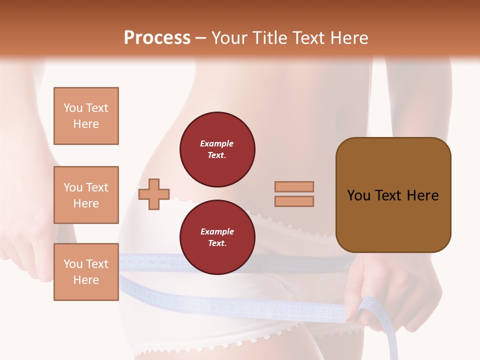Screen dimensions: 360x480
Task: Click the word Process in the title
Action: tap(157, 38)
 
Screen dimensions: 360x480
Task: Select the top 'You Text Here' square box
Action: tap(86, 116)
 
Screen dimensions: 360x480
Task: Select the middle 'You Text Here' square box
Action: tap(86, 195)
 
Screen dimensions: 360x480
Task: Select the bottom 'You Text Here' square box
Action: tap(86, 271)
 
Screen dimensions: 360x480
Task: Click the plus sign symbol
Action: tap(154, 194)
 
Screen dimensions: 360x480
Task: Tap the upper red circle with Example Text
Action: tap(217, 149)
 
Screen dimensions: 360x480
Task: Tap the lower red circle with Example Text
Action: tap(217, 237)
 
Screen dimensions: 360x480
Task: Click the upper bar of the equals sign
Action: tap(294, 186)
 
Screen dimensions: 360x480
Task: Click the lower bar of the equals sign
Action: tap(294, 201)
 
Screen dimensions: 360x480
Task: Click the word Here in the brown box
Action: tap(422, 195)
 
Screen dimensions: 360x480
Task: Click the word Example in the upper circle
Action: tap(216, 143)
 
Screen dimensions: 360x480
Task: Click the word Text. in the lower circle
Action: tap(217, 243)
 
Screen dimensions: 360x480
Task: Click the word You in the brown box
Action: tap(358, 195)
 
